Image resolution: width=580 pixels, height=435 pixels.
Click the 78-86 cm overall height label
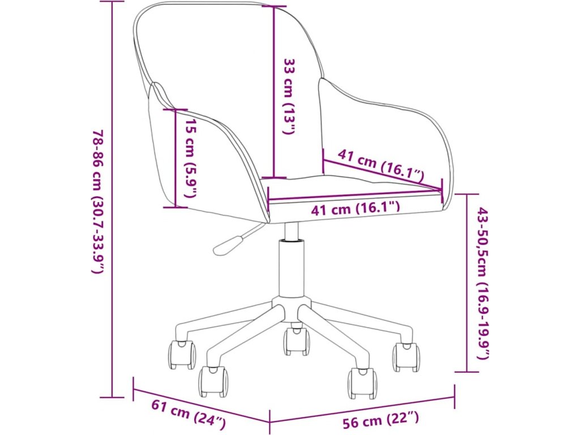[97, 201]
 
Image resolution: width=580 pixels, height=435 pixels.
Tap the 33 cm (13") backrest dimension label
[289, 96]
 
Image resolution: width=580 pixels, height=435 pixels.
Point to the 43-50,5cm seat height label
[483, 283]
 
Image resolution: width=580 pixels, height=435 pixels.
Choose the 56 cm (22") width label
[381, 420]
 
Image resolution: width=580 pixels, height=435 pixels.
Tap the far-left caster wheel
[182, 355]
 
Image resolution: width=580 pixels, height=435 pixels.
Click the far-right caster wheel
[406, 357]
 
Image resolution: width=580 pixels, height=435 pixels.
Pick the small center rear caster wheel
[297, 341]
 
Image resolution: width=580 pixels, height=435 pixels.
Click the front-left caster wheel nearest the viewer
[213, 381]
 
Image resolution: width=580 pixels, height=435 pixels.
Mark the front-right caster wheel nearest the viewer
[362, 383]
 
